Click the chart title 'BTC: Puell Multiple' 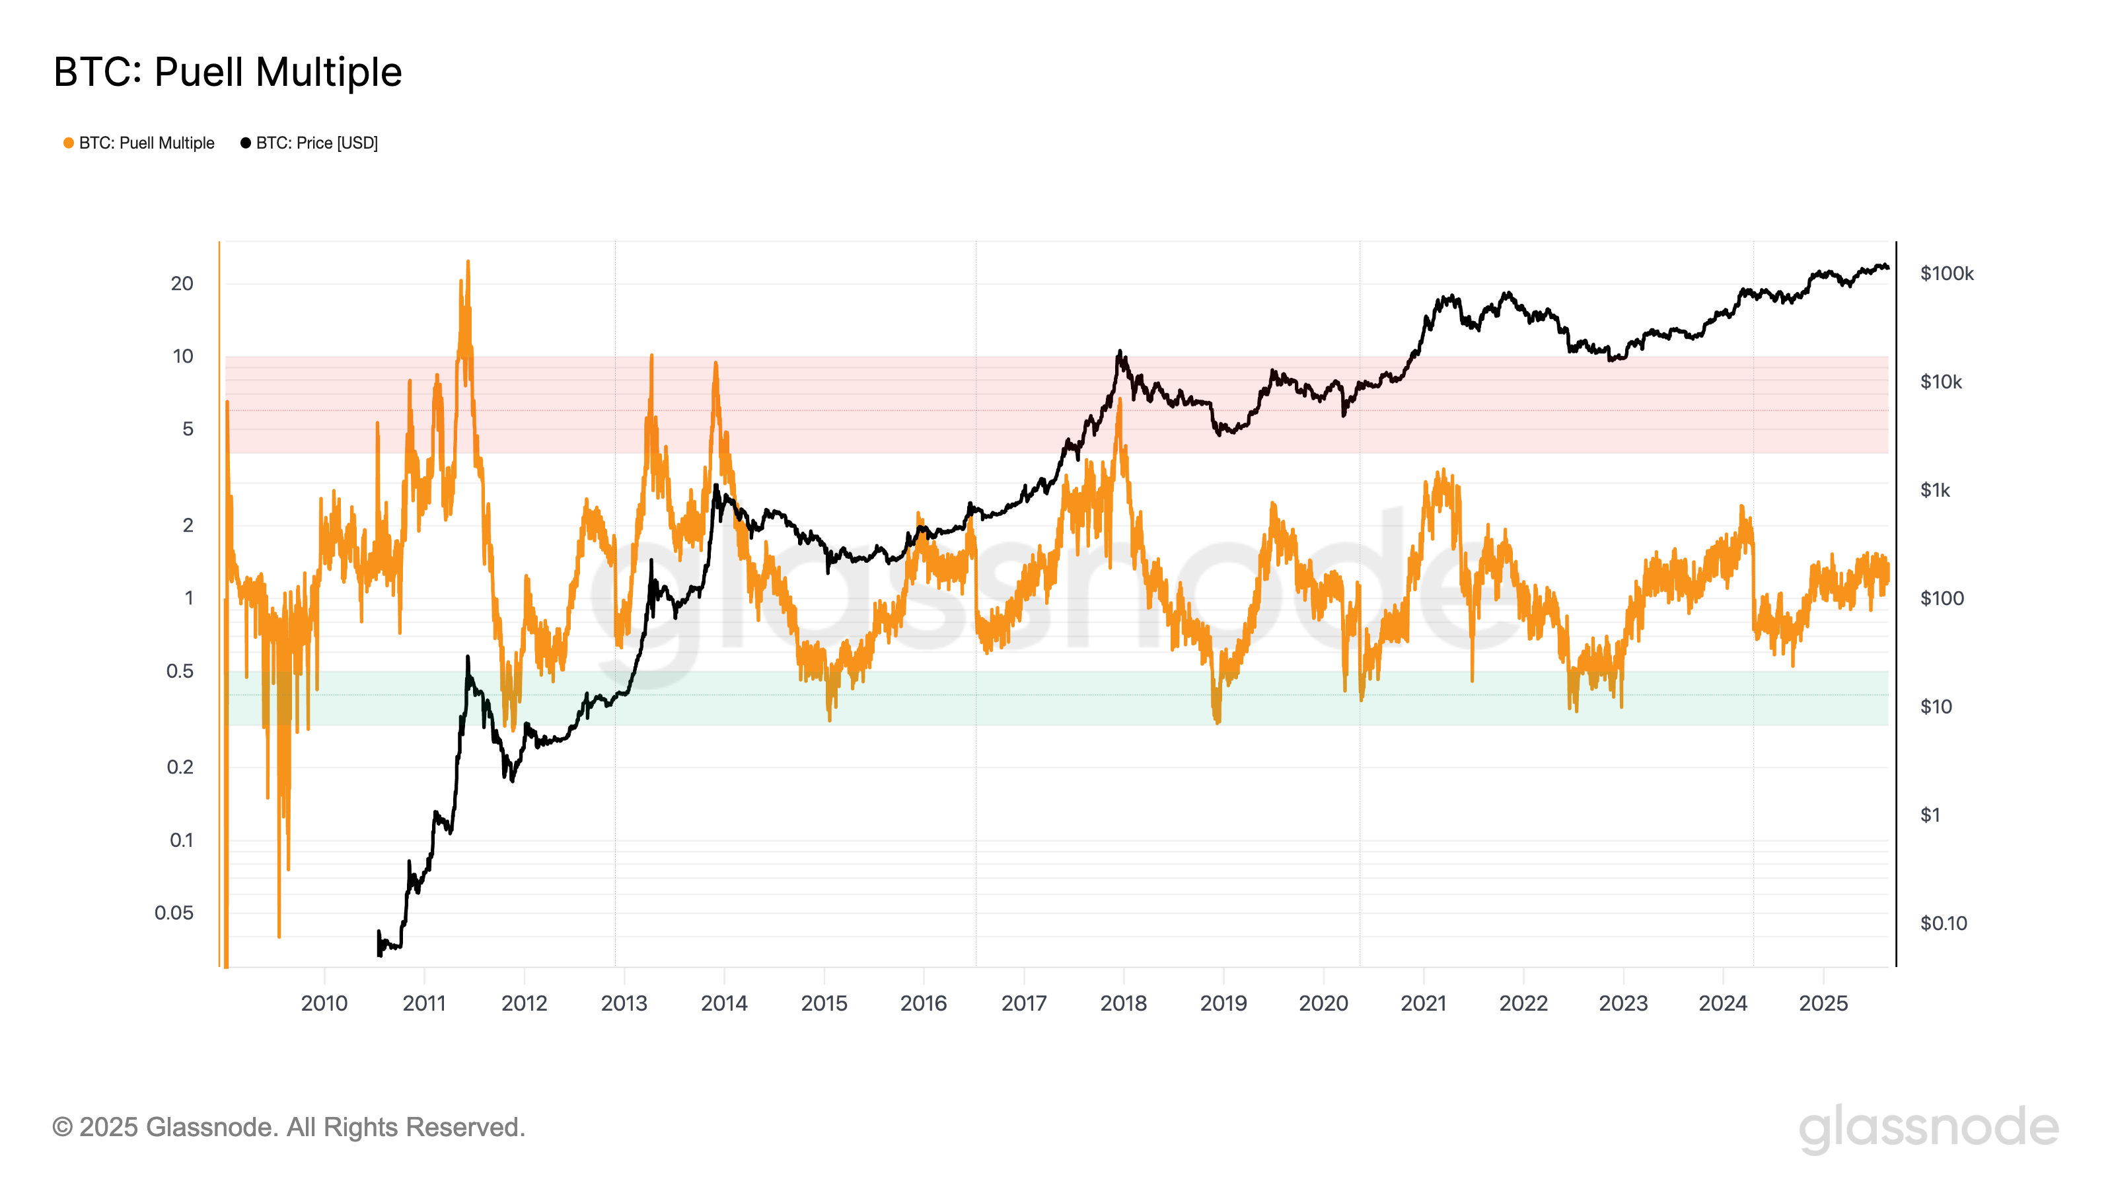[227, 72]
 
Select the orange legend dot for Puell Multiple [69, 143]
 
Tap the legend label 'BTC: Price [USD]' [317, 143]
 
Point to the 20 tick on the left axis [182, 284]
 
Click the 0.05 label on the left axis [174, 912]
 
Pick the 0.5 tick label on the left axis [180, 671]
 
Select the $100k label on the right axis [1947, 273]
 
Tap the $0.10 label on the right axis [1944, 923]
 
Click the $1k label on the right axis [1935, 490]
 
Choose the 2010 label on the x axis [324, 1003]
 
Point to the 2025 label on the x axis [1823, 1003]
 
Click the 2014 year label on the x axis [724, 1003]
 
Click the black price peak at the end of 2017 [1119, 353]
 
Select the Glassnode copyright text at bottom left [288, 1128]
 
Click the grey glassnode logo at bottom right [1928, 1128]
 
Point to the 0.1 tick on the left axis [182, 840]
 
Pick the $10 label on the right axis [1936, 707]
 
